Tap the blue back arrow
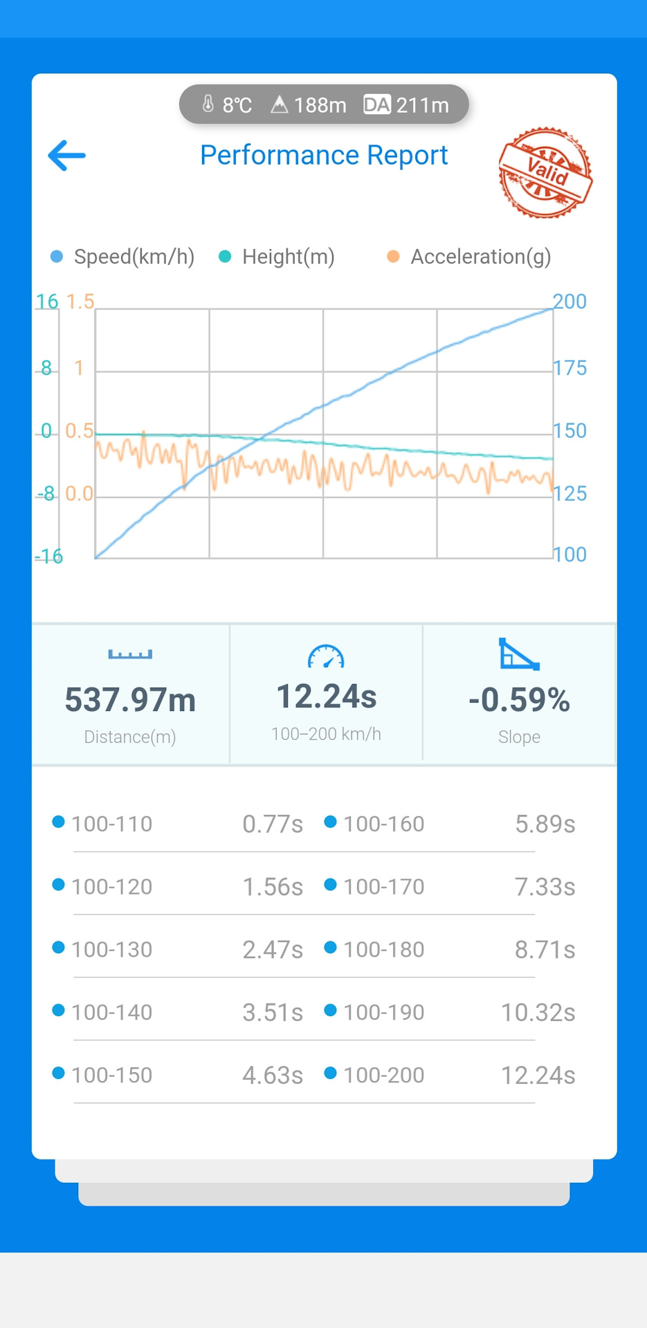67,156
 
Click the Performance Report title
324,156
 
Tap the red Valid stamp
545,172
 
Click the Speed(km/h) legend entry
123,257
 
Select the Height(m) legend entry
277,257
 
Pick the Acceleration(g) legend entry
470,257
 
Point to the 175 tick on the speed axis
569,368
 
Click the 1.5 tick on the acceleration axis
80,302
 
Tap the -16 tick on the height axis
48,556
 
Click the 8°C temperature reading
228,105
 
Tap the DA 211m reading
406,105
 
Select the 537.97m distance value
130,700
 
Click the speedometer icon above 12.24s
326,656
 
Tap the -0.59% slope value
519,700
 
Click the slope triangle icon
519,654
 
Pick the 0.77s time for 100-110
273,824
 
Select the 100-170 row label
383,887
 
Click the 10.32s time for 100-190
538,1013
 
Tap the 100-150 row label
111,1076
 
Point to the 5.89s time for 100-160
545,824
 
